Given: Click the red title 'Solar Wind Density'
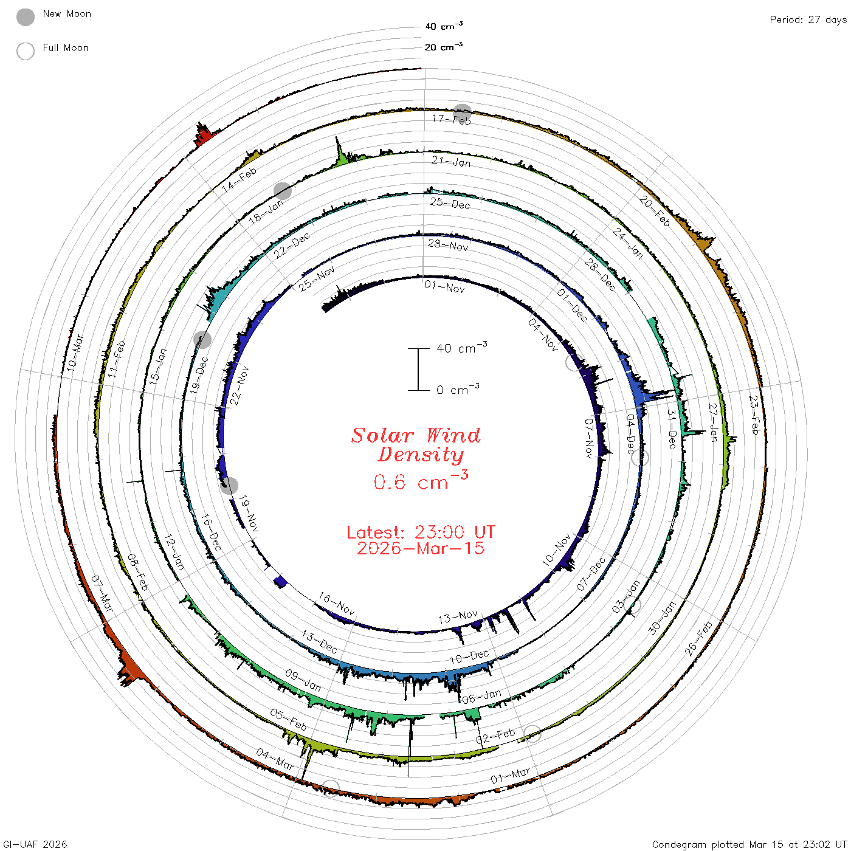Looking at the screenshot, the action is (x=416, y=445).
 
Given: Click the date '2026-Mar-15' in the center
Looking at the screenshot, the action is (x=421, y=548).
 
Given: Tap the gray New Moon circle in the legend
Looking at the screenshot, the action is (x=26, y=17).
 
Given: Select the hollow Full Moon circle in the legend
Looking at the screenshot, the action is (x=26, y=51).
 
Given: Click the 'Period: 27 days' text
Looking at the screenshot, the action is (x=808, y=20).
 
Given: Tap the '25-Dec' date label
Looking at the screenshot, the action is (x=450, y=203).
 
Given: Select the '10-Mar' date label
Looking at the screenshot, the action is (x=75, y=353).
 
